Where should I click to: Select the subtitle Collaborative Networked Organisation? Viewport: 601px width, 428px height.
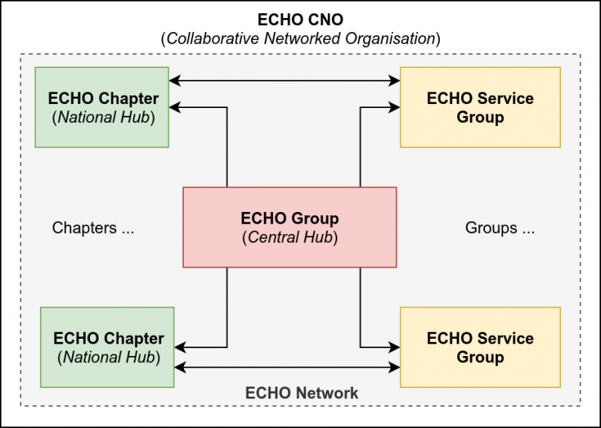point(300,38)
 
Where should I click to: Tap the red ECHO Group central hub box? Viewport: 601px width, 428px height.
point(290,227)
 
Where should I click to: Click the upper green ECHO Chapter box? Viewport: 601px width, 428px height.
point(103,107)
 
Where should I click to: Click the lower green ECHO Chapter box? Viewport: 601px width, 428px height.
point(108,347)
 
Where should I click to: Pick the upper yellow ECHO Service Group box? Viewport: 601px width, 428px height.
point(480,107)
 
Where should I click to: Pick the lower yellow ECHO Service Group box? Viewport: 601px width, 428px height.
point(480,347)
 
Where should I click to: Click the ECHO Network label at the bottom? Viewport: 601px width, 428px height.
point(301,393)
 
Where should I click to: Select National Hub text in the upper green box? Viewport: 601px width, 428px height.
point(103,118)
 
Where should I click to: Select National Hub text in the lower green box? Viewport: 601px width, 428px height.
point(108,358)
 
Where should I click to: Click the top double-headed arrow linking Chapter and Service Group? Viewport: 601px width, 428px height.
point(285,79)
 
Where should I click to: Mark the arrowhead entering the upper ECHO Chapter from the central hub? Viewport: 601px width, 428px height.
point(175,107)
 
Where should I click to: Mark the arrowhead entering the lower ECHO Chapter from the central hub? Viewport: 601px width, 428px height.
point(180,347)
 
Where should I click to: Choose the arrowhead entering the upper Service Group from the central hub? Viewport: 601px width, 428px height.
point(395,107)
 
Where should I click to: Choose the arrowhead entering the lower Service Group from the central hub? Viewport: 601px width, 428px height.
point(395,347)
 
